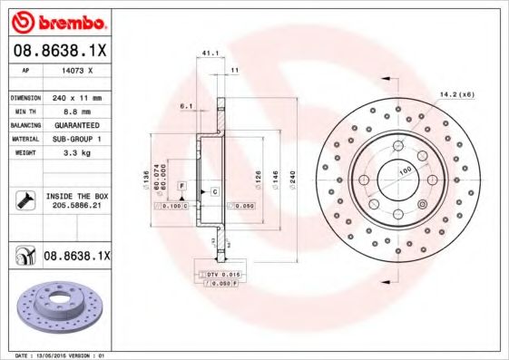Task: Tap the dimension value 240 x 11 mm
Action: (x=76, y=96)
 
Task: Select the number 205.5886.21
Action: (x=76, y=206)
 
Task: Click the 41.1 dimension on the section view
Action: (x=208, y=54)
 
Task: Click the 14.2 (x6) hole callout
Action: (x=456, y=94)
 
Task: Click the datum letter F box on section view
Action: (x=182, y=185)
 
